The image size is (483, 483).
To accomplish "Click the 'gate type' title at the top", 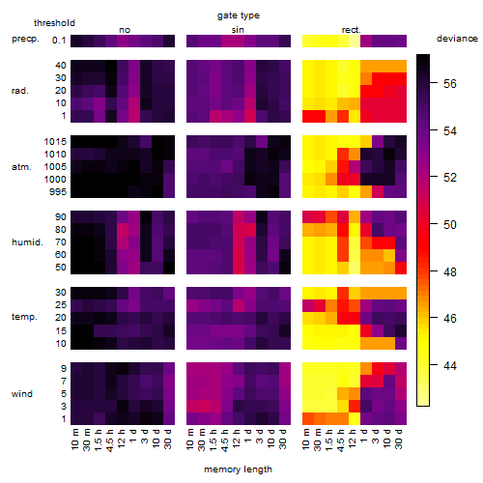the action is (x=239, y=15).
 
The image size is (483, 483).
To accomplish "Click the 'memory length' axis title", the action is (x=238, y=469).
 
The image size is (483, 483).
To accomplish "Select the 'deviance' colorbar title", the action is (x=457, y=39).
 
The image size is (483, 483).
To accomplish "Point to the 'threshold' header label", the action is (x=54, y=23).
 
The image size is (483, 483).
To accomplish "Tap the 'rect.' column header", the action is (x=352, y=30).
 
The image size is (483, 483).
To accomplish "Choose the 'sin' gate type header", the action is (x=238, y=30).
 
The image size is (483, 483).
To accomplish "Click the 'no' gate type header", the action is (x=125, y=30).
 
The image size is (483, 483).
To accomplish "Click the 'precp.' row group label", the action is (x=25, y=39).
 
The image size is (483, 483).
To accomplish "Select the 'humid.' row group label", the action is (x=27, y=242).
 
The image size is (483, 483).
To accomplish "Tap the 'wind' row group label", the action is (x=22, y=394).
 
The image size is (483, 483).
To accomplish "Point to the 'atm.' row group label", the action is (x=21, y=167).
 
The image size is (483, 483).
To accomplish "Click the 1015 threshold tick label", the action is (x=55, y=142).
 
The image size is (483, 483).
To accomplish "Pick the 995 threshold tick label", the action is (x=58, y=192).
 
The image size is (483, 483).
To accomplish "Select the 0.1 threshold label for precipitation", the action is (x=59, y=41).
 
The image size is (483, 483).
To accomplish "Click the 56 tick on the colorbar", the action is (x=450, y=84).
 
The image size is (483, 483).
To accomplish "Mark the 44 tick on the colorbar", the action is (x=450, y=366).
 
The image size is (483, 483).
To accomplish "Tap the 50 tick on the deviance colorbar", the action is (x=450, y=225).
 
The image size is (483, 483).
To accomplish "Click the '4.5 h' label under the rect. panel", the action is (x=340, y=440).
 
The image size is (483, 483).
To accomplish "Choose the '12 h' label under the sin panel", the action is (x=236, y=439).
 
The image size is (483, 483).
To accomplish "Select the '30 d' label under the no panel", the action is (x=167, y=439).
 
